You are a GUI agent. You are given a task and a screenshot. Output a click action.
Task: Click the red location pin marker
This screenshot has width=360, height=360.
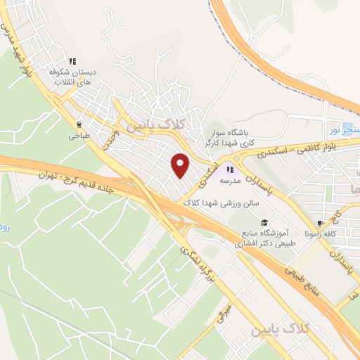[181, 165]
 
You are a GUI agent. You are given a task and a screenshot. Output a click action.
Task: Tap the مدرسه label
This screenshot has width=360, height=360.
[230, 180]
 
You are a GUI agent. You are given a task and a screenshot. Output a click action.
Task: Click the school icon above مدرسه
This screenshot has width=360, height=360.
[229, 169]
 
